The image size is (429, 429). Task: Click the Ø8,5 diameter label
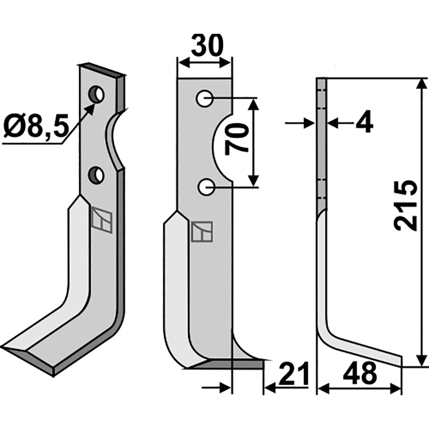point(36,127)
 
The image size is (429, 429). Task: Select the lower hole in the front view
point(205,187)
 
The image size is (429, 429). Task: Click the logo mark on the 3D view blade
point(101,220)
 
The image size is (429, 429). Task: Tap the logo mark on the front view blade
point(201,232)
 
